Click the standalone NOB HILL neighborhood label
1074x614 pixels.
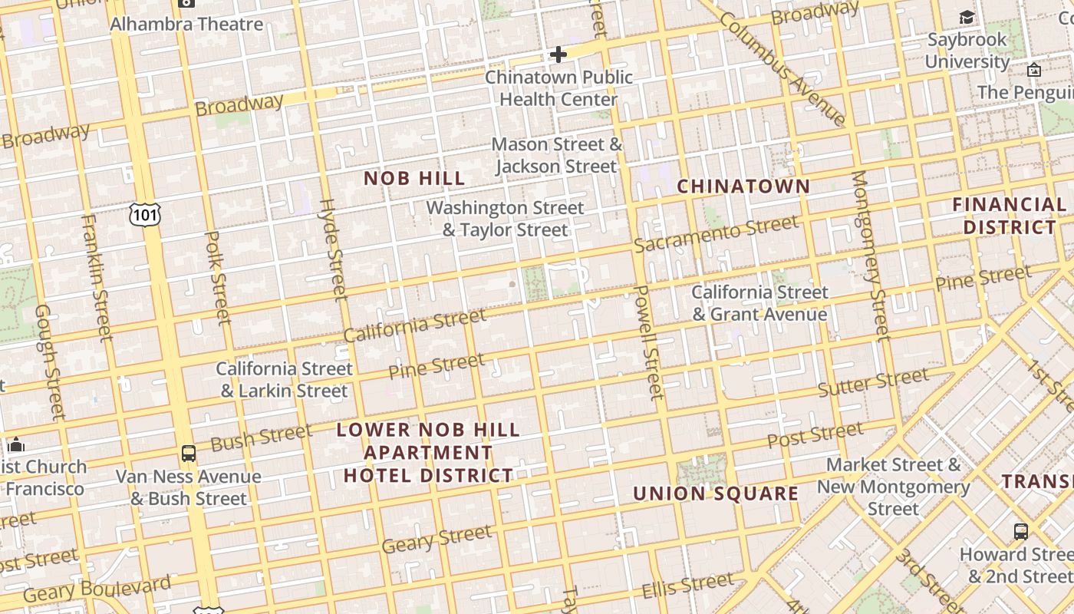(414, 179)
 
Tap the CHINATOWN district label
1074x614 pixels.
(743, 187)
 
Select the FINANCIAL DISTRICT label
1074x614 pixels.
(1010, 216)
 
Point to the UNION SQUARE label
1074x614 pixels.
(716, 494)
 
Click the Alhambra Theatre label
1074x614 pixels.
(186, 24)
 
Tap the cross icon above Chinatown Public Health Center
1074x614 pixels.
(558, 54)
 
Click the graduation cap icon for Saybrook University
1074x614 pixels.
(967, 18)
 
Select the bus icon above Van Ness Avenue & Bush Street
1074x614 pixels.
(189, 454)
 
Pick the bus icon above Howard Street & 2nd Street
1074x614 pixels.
(1021, 531)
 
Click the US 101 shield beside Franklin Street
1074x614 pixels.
(144, 214)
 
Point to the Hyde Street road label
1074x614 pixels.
(333, 249)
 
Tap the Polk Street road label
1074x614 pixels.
(218, 276)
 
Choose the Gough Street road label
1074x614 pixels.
(50, 361)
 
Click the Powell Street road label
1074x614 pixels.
(649, 342)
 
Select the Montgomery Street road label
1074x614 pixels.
(871, 255)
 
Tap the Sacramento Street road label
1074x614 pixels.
(716, 234)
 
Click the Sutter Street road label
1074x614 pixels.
(873, 382)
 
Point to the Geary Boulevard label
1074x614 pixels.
(97, 589)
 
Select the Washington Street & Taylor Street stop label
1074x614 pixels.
(505, 219)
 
